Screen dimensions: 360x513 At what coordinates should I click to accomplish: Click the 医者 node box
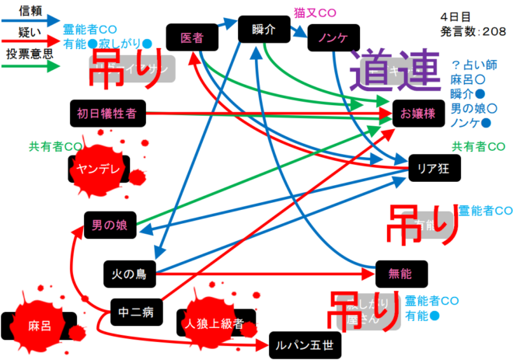pos(192,37)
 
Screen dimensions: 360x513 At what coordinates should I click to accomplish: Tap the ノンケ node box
pos(332,37)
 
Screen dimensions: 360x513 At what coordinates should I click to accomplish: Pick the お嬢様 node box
pos(417,114)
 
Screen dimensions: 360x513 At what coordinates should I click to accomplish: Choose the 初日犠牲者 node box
pos(106,114)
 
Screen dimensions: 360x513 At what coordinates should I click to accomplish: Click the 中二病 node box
pos(136,312)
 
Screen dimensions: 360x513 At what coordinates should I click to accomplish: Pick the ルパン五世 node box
pos(305,343)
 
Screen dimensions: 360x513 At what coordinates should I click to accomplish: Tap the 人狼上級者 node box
pos(215,323)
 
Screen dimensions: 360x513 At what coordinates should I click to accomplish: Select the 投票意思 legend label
pos(29,54)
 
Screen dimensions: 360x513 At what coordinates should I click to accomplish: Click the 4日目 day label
pos(459,16)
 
